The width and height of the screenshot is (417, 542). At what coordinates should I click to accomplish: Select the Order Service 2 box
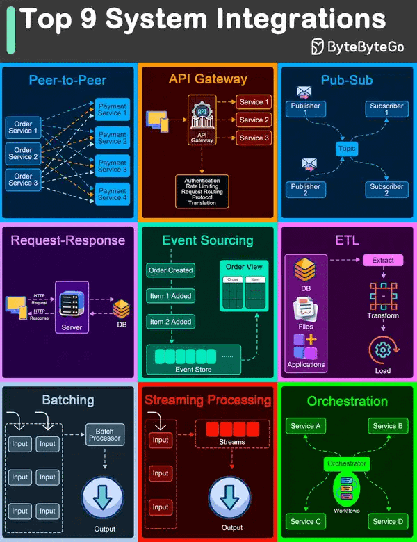pyautogui.click(x=23, y=154)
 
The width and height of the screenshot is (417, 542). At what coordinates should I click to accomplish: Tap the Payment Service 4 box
pyautogui.click(x=112, y=195)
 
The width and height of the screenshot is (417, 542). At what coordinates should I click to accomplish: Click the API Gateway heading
pyautogui.click(x=208, y=79)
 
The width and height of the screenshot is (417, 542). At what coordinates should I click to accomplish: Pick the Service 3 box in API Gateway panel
pyautogui.click(x=251, y=138)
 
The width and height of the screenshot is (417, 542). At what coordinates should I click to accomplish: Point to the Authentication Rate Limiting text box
pyautogui.click(x=202, y=191)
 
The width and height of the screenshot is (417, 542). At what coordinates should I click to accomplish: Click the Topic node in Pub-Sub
pyautogui.click(x=346, y=149)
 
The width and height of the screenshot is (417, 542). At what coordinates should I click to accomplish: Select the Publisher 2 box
pyautogui.click(x=305, y=190)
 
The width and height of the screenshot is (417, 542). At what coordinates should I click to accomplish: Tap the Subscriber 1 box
pyautogui.click(x=386, y=109)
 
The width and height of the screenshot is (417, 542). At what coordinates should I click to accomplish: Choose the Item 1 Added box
pyautogui.click(x=170, y=296)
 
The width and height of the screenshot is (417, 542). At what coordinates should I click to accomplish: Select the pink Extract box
pyautogui.click(x=383, y=261)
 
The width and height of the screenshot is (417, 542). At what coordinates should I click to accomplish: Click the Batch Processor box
pyautogui.click(x=104, y=435)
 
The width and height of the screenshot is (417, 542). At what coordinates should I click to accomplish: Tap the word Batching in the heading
pyautogui.click(x=68, y=400)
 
